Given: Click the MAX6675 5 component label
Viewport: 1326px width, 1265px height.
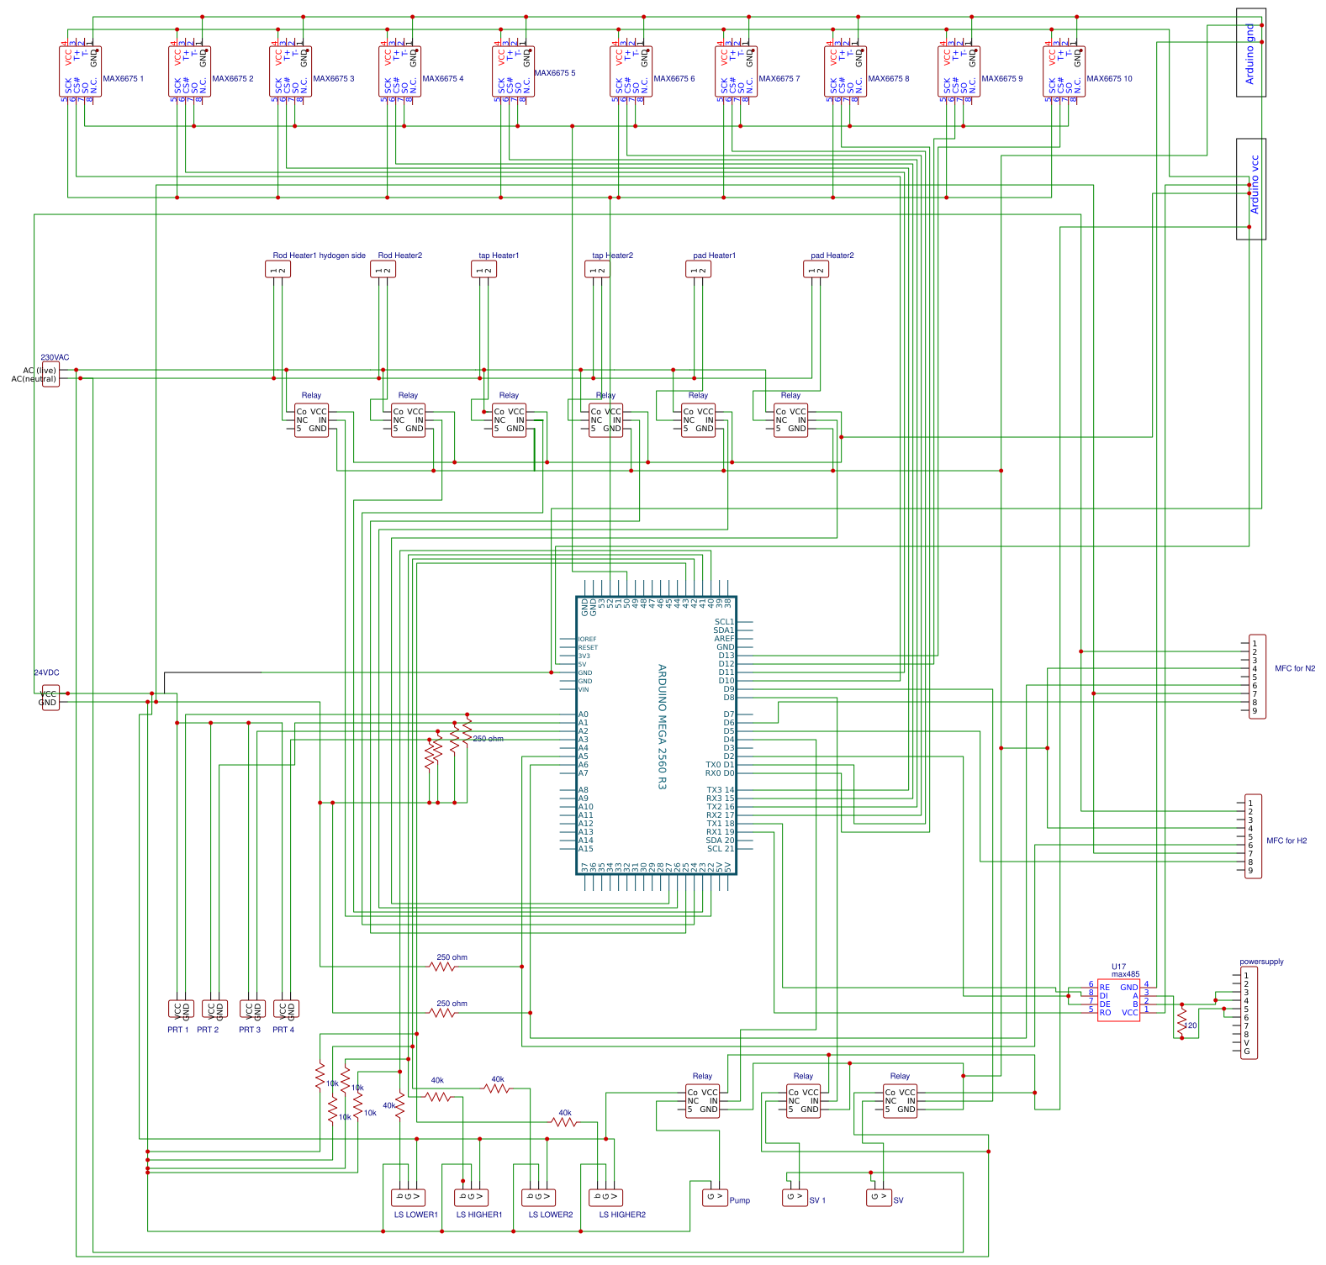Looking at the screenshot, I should pos(555,73).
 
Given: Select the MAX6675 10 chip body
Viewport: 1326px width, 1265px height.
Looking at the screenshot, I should pos(1064,71).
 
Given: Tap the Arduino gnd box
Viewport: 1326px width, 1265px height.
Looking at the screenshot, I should pos(1250,53).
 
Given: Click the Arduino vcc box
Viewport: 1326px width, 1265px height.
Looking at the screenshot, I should pos(1250,188).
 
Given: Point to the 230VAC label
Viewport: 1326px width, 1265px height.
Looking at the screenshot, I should pos(55,357).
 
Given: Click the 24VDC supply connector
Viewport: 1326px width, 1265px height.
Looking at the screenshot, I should pos(50,698).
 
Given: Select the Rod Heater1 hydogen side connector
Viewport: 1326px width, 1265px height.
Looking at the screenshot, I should pos(277,270).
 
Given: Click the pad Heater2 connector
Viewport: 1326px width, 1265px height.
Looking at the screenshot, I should pos(816,270).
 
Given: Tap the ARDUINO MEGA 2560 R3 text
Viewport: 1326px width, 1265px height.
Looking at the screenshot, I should pos(662,726).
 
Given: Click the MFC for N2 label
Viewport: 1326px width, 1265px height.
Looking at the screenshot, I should pos(1295,668).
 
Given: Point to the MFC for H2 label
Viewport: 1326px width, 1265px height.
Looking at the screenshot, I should pos(1286,841).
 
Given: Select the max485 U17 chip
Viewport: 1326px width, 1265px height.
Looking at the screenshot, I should pos(1118,1000).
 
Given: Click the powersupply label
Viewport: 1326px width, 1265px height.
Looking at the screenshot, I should pos(1261,962).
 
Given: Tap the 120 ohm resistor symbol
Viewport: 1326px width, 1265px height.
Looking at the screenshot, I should pos(1181,1021).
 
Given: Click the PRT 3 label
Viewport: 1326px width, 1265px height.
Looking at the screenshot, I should pos(250,1030).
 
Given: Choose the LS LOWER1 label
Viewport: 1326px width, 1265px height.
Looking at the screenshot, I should pos(415,1215).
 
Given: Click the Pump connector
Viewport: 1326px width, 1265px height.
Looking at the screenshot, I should pos(715,1197).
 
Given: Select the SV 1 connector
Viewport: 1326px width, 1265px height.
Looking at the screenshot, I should pos(795,1197).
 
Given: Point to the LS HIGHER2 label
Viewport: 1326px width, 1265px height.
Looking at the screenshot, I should pos(622,1215).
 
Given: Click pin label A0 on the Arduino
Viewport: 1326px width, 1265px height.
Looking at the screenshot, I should pos(583,714).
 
